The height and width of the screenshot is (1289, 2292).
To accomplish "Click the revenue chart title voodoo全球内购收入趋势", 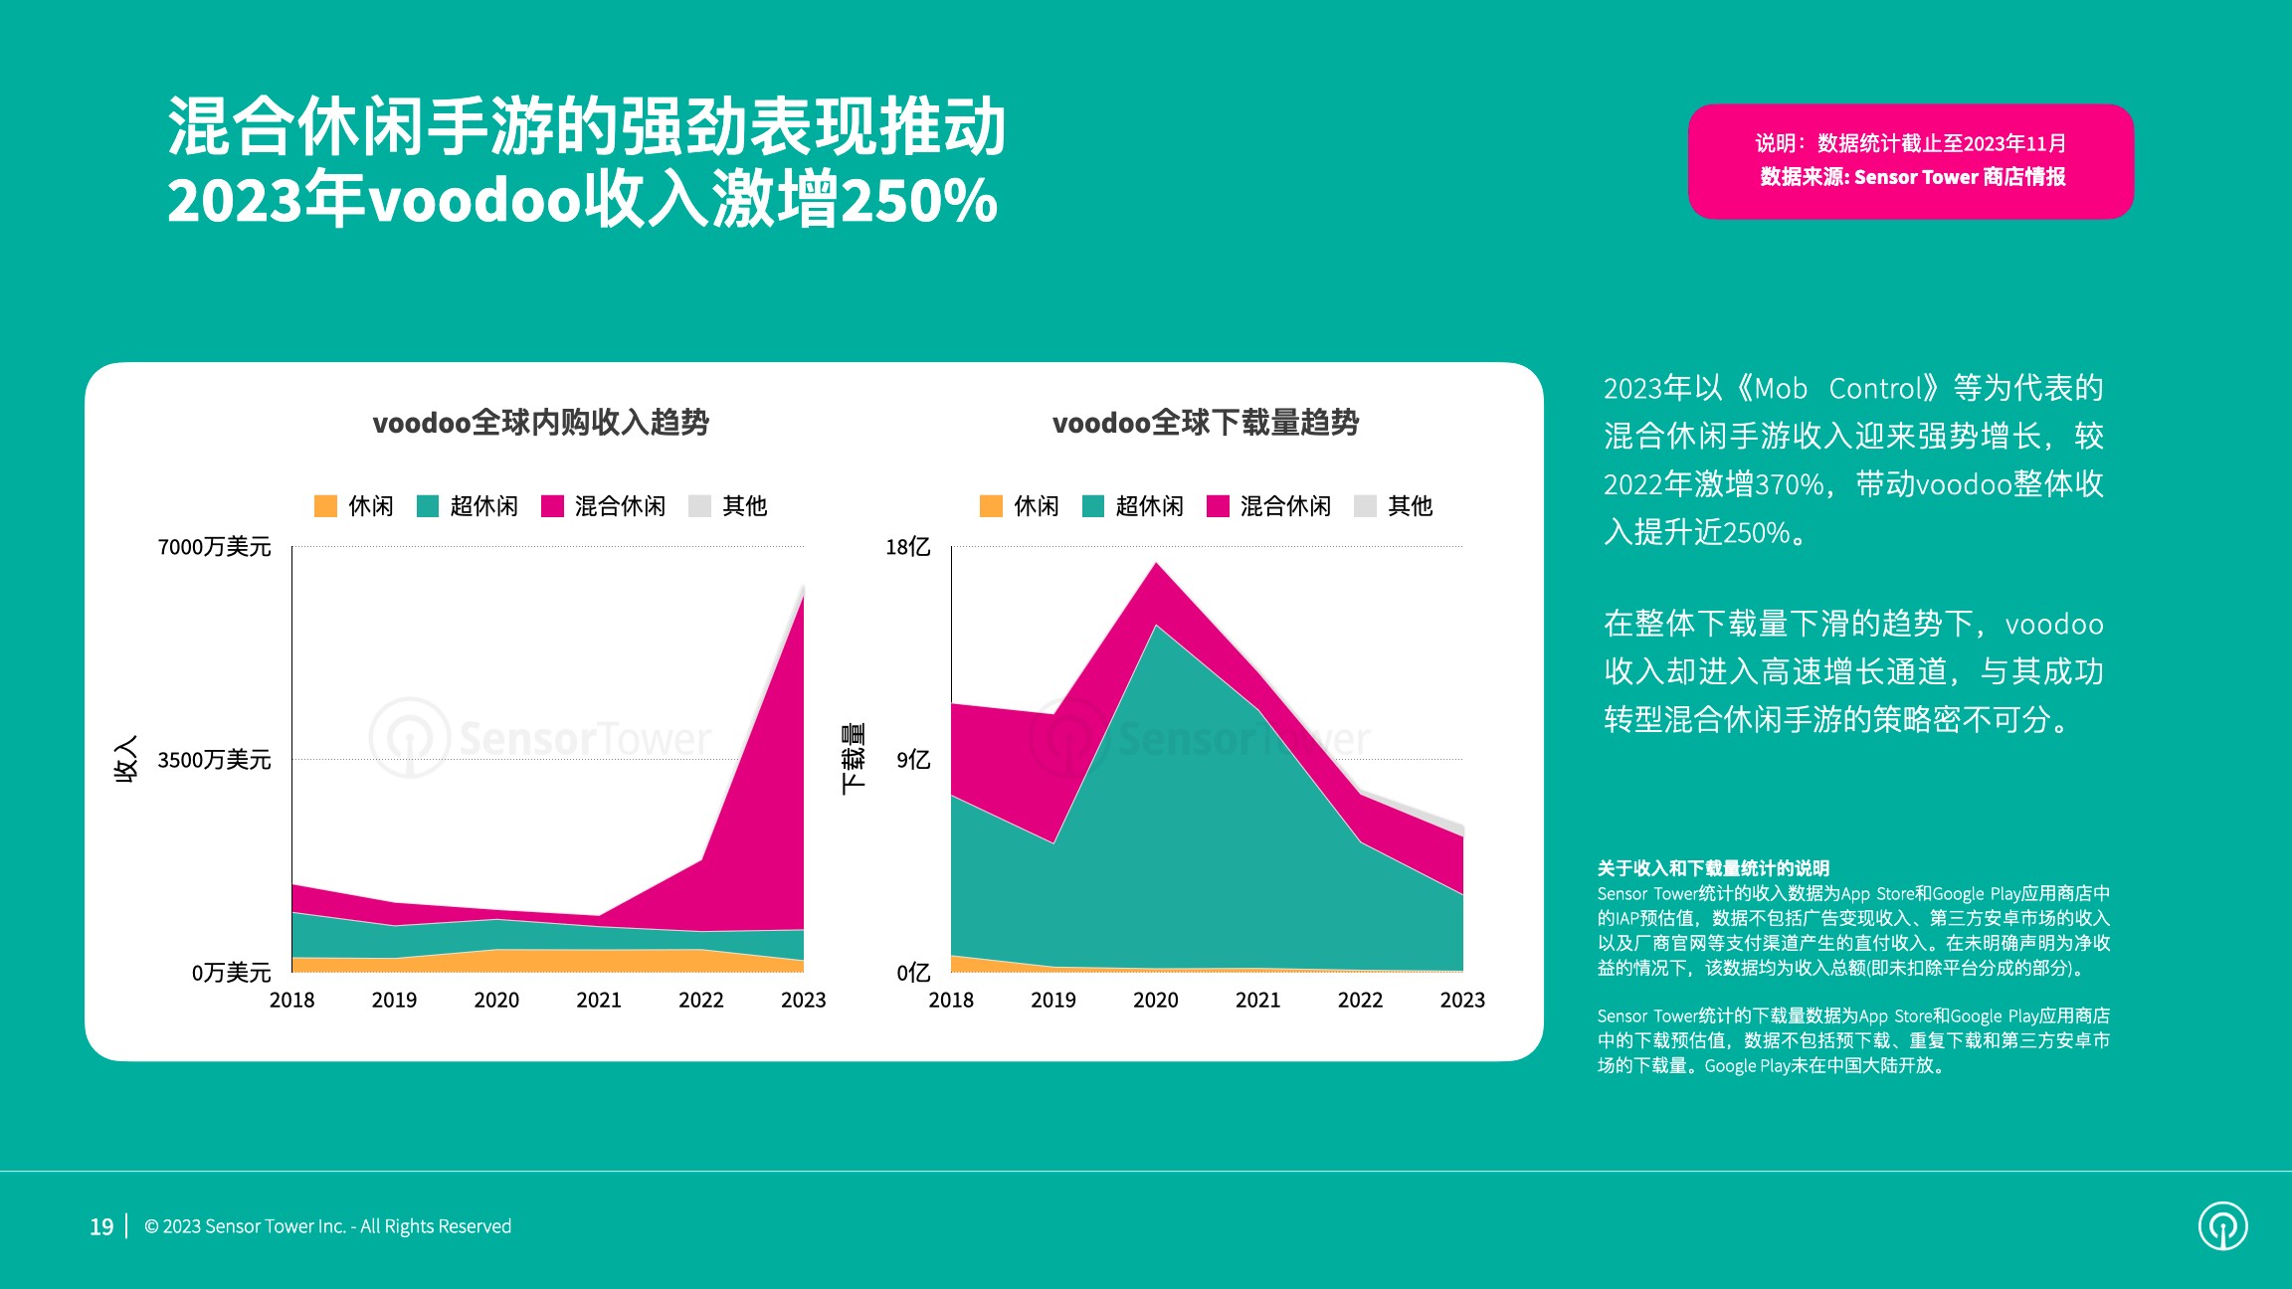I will point(540,423).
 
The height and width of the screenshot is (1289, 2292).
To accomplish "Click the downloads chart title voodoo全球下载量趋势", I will point(1205,423).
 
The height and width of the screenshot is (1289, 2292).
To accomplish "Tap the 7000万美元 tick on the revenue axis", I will point(214,547).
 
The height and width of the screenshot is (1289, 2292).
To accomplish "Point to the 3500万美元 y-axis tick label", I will point(214,760).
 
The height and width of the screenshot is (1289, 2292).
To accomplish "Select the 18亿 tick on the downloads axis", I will point(907,547).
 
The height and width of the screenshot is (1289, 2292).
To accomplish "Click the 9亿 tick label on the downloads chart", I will point(912,760).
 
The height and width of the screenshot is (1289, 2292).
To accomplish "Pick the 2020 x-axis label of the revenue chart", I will point(496,1000).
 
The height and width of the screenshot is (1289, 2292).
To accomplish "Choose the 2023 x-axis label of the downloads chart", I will point(1461,1000).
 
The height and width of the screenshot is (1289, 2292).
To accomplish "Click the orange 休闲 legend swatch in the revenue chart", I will point(325,506).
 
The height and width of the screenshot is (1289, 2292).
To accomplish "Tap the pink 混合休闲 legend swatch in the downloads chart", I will point(1218,506).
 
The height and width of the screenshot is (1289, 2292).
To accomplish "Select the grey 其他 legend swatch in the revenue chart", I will point(699,506).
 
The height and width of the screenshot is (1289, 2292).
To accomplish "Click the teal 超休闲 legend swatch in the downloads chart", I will point(1092,506).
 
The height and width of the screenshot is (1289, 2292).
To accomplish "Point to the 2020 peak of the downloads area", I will point(1156,565).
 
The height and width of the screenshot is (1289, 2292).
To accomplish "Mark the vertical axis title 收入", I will point(126,759).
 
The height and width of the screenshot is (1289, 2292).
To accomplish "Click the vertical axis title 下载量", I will point(853,759).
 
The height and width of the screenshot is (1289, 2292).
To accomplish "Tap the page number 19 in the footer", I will point(101,1226).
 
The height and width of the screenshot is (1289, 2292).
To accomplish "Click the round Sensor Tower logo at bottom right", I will point(2222,1225).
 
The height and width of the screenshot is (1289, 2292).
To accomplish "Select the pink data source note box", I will point(1910,161).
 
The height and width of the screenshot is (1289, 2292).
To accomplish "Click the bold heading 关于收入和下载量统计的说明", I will point(1713,868).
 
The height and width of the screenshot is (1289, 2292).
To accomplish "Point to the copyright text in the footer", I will point(327,1226).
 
